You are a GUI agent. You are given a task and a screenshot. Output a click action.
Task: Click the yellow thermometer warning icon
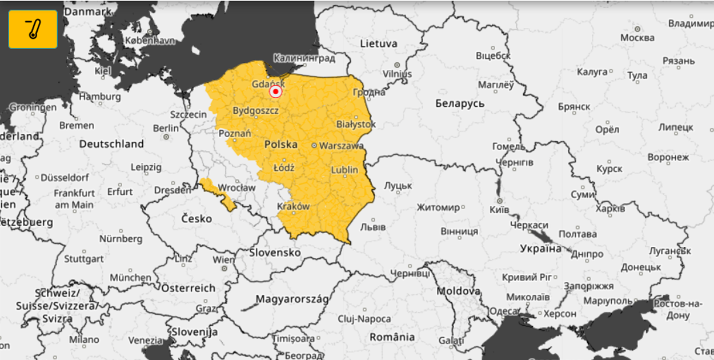[33, 29]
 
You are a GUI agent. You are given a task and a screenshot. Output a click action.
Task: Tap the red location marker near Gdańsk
[276, 91]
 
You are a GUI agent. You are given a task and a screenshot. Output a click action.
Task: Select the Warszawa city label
[341, 146]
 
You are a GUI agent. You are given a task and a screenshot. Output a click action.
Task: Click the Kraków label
[293, 206]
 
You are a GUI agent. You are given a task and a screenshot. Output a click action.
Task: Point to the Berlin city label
[166, 128]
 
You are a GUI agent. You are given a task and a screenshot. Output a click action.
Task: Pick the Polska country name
[280, 145]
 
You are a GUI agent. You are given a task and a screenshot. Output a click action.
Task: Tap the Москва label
[637, 38]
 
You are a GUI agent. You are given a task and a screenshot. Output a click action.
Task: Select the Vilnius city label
[397, 74]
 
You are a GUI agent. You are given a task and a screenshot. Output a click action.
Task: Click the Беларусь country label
[459, 103]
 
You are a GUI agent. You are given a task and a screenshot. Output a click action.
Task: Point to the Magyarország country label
[292, 299]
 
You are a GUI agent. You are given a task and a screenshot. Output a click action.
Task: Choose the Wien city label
[223, 259]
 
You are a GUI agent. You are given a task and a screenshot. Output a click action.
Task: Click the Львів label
[372, 227]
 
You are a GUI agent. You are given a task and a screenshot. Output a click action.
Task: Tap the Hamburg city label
[100, 97]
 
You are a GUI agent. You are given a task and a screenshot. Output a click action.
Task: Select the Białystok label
[356, 124]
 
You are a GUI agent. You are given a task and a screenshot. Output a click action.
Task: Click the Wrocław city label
[236, 187]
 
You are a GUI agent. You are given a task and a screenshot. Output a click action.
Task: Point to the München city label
[131, 278]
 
